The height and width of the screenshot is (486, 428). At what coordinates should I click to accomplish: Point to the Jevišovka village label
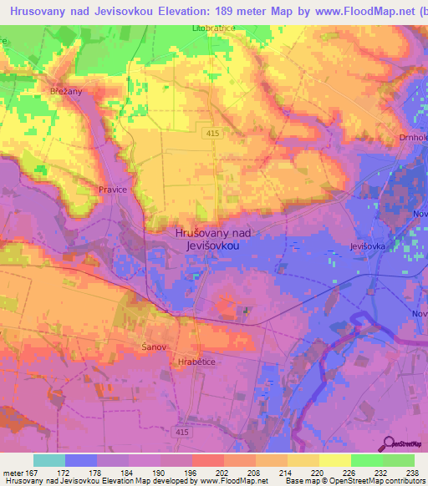click(369, 247)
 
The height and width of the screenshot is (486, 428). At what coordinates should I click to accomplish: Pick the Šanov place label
click(155, 347)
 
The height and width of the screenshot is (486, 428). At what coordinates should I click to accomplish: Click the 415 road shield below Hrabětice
click(183, 431)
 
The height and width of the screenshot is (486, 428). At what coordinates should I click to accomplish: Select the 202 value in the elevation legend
click(222, 473)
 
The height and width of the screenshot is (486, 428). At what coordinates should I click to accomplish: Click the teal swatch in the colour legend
click(49, 460)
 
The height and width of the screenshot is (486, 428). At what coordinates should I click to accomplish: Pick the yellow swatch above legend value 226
click(334, 460)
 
